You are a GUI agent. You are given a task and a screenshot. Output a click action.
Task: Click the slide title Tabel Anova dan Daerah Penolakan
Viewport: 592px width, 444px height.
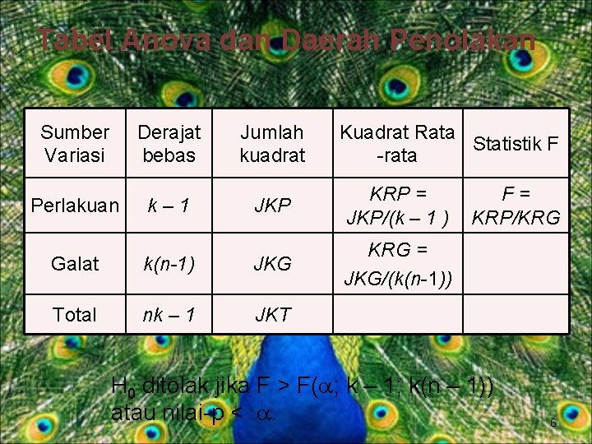pyautogui.click(x=286, y=39)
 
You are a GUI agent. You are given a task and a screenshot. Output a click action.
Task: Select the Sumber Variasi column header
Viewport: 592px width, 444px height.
pyautogui.click(x=75, y=143)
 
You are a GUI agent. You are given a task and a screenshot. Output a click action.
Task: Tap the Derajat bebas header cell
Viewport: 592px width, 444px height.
pyautogui.click(x=169, y=143)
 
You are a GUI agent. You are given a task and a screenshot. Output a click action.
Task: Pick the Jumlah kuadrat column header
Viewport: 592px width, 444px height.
pyautogui.click(x=272, y=143)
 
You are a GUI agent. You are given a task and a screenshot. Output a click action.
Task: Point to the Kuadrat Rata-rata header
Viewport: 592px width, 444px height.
pyautogui.click(x=396, y=143)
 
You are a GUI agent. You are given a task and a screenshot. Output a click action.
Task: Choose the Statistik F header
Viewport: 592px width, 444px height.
pyautogui.click(x=516, y=144)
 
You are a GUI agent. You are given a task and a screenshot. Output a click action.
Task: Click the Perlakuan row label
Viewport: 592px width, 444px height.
pyautogui.click(x=75, y=206)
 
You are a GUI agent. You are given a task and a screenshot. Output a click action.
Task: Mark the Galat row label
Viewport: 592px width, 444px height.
pyautogui.click(x=75, y=264)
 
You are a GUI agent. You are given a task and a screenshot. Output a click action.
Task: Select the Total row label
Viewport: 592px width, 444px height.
pyautogui.click(x=75, y=314)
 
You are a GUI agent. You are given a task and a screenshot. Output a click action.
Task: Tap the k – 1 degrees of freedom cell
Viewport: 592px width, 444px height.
pyautogui.click(x=169, y=206)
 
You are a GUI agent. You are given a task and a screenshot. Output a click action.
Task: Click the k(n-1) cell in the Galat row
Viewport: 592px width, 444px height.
pyautogui.click(x=169, y=264)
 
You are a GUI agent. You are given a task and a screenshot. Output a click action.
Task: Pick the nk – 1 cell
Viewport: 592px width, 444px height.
pyautogui.click(x=169, y=314)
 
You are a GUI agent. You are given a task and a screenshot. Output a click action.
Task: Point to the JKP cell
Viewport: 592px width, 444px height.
pyautogui.click(x=272, y=206)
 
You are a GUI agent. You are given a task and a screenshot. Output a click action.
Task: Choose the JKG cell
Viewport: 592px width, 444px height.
pyautogui.click(x=272, y=264)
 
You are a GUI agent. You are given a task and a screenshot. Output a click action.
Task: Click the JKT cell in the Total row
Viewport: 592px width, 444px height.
pyautogui.click(x=272, y=314)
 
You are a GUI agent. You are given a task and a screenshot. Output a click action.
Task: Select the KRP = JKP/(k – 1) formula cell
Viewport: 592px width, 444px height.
pyautogui.click(x=397, y=206)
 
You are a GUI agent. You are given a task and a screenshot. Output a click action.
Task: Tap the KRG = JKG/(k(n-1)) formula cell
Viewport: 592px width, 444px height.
pyautogui.click(x=397, y=264)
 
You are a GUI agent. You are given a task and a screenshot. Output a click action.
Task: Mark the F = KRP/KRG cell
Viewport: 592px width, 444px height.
pyautogui.click(x=516, y=206)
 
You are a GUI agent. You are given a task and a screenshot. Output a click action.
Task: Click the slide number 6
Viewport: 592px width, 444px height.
pyautogui.click(x=553, y=423)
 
